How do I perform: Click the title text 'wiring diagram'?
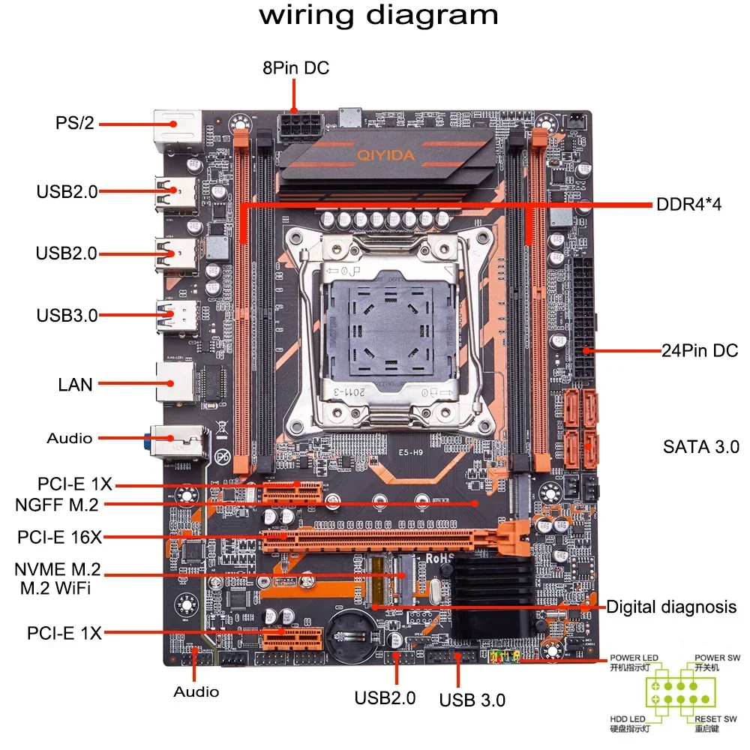[378, 16]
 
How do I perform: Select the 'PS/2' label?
[75, 123]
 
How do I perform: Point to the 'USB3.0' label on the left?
[67, 315]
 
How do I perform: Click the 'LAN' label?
[76, 385]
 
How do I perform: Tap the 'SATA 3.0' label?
[701, 447]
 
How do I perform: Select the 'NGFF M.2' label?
[56, 505]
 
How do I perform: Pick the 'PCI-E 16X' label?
[59, 537]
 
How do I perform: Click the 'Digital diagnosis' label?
[671, 607]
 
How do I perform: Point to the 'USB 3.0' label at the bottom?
[472, 700]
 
